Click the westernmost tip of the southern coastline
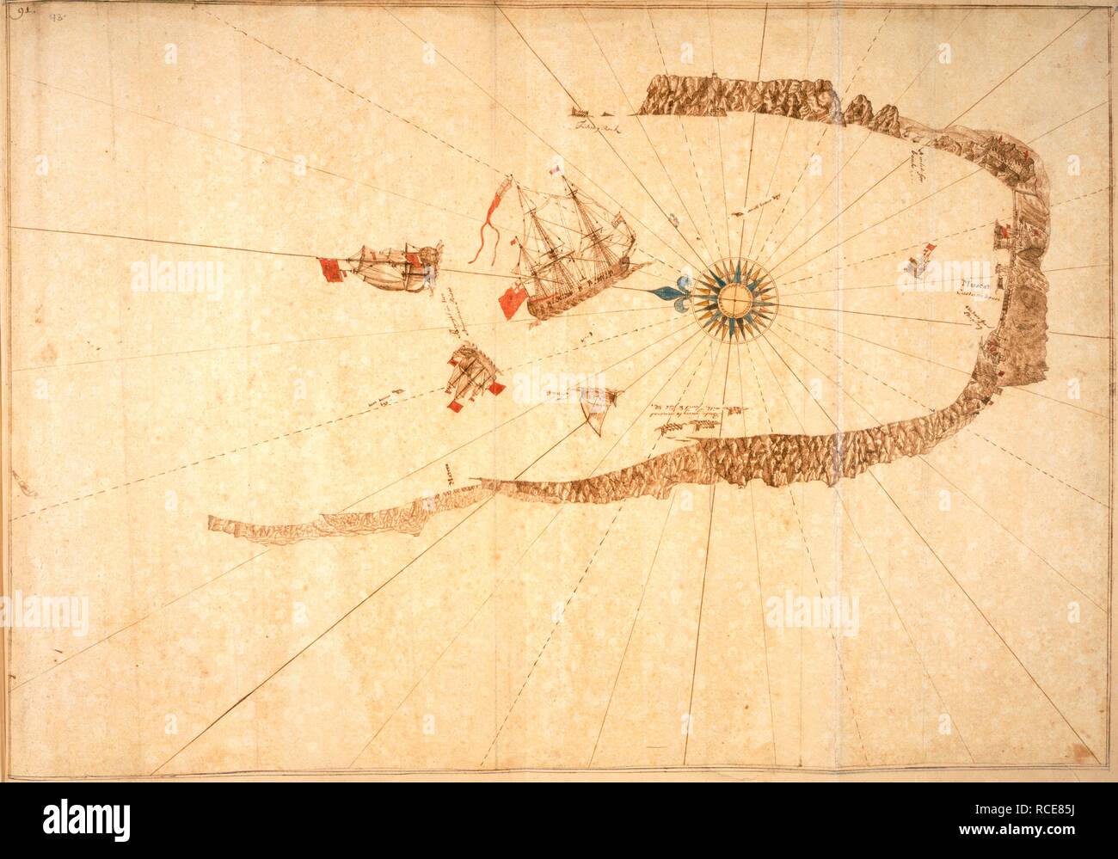[x=212, y=521]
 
